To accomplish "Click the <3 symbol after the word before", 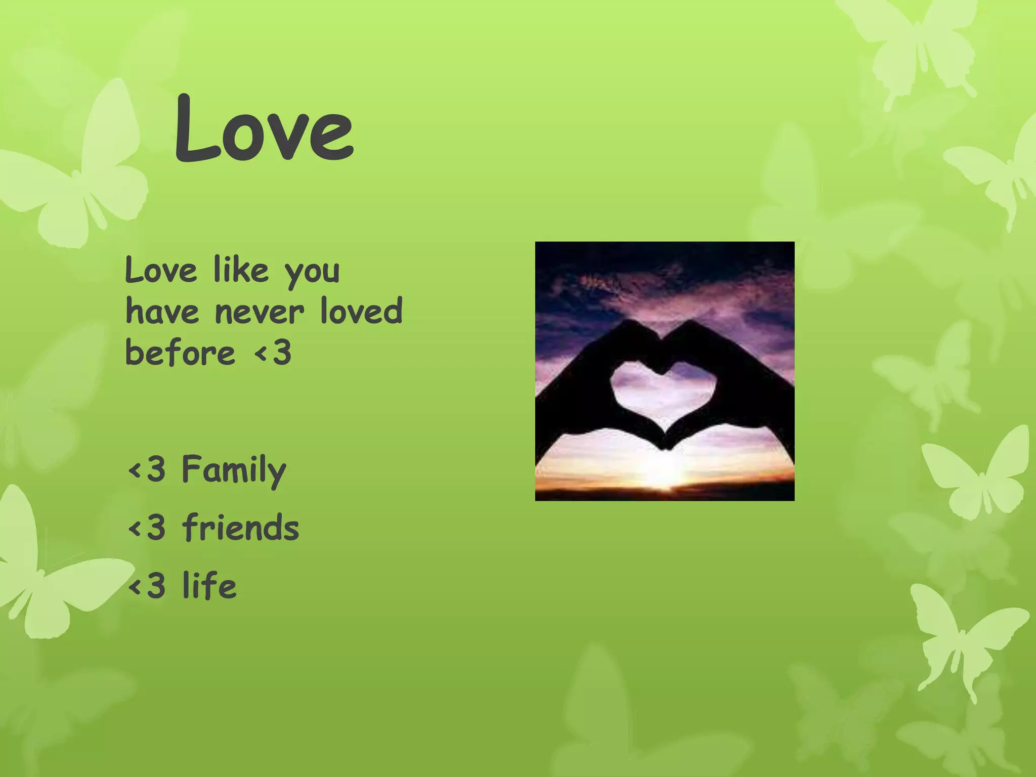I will point(273,352).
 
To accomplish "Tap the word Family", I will point(234,470).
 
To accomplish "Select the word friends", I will point(240,527).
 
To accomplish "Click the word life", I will point(209,585).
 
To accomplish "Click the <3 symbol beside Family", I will point(147,469).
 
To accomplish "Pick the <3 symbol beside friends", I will point(147,527).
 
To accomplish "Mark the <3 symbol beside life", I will point(147,585).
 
